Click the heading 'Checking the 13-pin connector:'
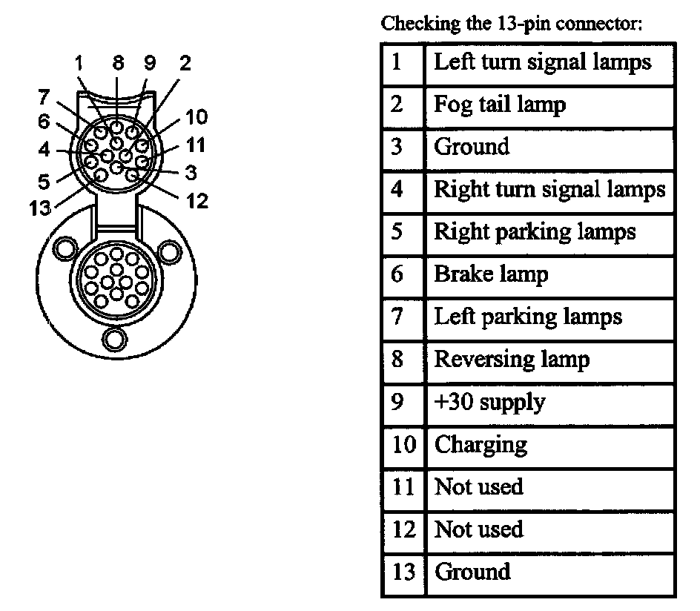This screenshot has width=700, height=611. point(511,24)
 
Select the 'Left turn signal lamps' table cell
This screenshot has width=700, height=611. point(542,62)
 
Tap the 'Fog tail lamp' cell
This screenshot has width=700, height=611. point(499,105)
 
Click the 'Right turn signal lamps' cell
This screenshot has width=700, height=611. point(549,190)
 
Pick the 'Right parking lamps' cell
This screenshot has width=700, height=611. point(535,232)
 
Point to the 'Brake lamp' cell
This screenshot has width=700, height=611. point(490,274)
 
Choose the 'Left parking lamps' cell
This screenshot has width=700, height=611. point(527,317)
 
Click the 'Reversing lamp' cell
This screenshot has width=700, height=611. point(512,360)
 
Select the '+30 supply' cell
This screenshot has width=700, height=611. point(489,403)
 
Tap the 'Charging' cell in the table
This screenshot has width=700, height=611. point(481,445)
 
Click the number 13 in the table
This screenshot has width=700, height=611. point(403,572)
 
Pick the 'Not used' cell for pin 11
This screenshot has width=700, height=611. point(478,487)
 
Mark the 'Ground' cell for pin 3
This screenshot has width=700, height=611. point(472,147)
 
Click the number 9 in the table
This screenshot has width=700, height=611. point(397,403)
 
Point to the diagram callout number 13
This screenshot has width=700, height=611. point(40,208)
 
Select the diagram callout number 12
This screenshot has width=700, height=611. point(197,200)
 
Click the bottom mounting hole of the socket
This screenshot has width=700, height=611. point(114,339)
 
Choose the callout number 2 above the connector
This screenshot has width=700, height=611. point(185,64)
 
